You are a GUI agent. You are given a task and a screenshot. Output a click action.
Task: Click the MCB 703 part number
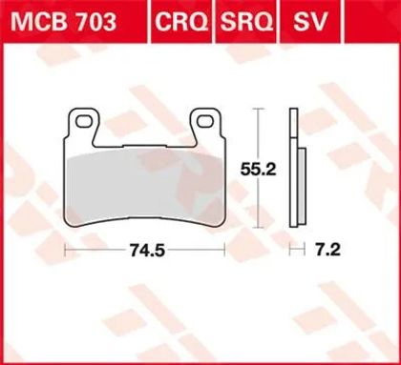coord(64,23)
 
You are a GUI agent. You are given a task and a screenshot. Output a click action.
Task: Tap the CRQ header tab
coord(181,23)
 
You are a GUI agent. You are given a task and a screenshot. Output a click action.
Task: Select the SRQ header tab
coord(246,23)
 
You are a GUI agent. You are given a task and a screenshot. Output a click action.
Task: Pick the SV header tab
coord(310,23)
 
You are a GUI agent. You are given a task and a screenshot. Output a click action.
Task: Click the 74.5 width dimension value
coord(147,251)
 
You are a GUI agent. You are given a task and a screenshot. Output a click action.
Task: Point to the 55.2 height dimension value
coord(258,171)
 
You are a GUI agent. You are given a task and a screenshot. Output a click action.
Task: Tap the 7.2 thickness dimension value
coord(328,250)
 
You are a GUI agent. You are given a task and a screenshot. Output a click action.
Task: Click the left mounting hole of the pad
coord(83,121)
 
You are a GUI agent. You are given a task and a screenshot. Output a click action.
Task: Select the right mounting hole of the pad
coord(204,121)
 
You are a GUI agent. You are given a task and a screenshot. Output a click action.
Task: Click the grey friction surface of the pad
coord(145,186)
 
